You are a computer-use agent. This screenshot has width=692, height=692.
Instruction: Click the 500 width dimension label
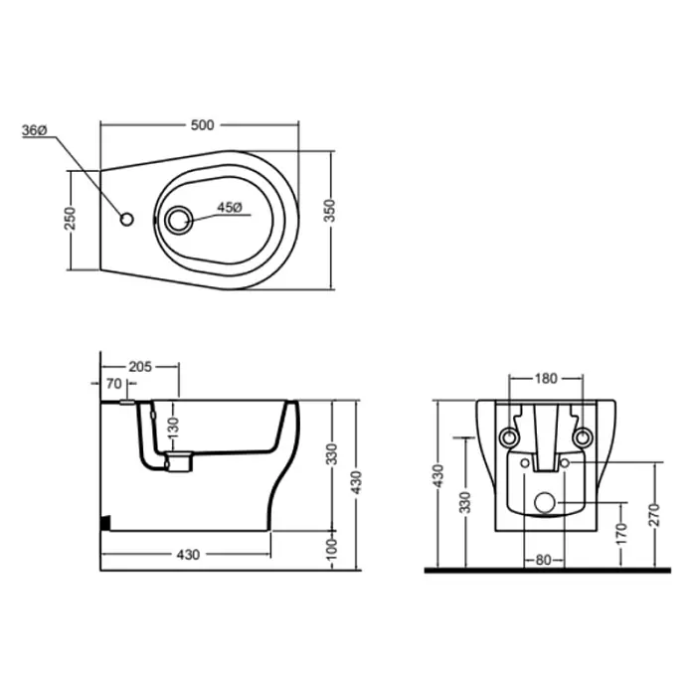tap(202, 125)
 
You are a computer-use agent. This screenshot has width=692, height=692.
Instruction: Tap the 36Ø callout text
tap(35, 130)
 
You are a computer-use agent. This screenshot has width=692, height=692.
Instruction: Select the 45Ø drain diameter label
tap(229, 208)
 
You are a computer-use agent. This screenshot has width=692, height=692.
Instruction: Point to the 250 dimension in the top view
tap(71, 218)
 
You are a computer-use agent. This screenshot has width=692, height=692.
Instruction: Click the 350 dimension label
tap(329, 211)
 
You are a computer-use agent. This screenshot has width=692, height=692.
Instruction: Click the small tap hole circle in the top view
tap(127, 220)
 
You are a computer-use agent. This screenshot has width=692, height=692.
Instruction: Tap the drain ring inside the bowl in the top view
tap(179, 220)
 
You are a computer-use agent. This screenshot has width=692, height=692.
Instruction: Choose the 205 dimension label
tap(140, 367)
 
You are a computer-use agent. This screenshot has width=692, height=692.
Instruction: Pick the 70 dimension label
tap(114, 384)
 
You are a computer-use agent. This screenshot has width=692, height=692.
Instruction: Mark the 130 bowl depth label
tap(173, 428)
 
